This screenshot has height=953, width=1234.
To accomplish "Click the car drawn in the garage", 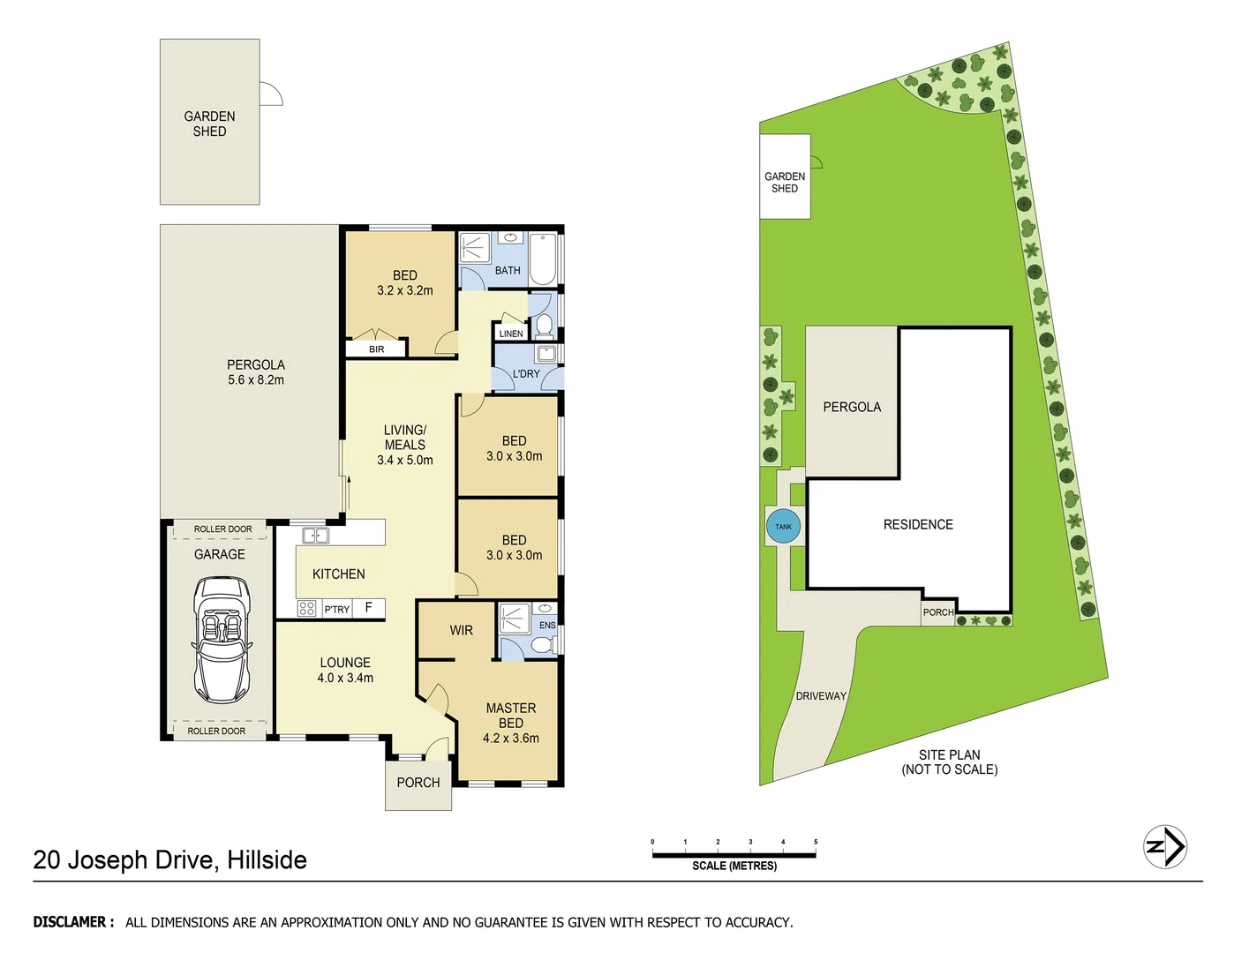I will coord(221,640).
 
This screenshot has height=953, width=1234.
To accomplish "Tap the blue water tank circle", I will coord(783,527).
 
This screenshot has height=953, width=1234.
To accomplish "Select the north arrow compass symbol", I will coord(1164,847).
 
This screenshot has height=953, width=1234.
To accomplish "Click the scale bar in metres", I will coord(734,854).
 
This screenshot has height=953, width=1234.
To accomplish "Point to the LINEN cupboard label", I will coord(511,334).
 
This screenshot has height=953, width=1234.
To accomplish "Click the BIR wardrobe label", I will coord(377,349).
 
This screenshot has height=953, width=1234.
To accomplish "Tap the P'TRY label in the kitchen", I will coord(337,609).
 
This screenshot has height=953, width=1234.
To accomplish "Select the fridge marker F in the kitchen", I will coord(369,607).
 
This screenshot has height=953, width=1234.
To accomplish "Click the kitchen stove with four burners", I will coord(306,608).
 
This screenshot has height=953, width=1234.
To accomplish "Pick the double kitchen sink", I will coord(315,536).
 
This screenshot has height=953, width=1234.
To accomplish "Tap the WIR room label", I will coord(461,630).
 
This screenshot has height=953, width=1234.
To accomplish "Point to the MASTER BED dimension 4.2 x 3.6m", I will coord(511,739).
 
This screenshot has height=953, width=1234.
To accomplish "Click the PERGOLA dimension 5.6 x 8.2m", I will coord(256,380).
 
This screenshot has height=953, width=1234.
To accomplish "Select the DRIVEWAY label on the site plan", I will coord(821,696).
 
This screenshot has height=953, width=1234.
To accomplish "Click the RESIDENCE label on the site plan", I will coord(918,524).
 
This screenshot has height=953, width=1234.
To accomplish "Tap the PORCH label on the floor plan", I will coord(418,783).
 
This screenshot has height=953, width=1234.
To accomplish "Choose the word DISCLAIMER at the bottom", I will coord(73,922).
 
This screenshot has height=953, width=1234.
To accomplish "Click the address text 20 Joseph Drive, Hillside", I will coord(170,859).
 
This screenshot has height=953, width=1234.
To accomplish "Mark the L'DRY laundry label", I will coord(526,374).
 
